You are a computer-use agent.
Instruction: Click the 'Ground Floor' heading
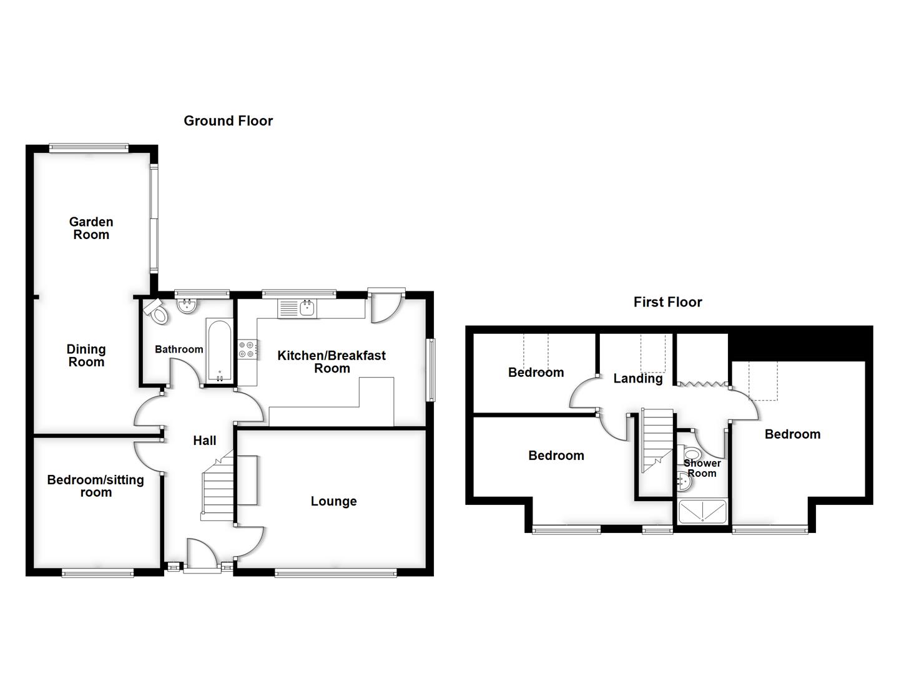click(x=228, y=121)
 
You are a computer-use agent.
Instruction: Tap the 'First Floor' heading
click(x=667, y=302)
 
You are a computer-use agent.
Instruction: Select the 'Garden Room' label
click(x=91, y=228)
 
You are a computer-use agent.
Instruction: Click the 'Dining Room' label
click(x=86, y=356)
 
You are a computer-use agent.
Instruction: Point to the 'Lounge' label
click(x=333, y=501)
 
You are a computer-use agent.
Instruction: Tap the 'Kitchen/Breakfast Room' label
click(x=332, y=362)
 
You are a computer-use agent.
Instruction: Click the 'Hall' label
click(x=204, y=441)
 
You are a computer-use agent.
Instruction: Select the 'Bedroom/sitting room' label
click(x=96, y=486)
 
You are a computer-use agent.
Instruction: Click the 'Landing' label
click(x=637, y=378)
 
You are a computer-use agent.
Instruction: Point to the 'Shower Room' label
click(x=702, y=468)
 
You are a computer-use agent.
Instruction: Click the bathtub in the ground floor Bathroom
click(x=219, y=351)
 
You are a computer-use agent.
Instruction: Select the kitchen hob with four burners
click(x=247, y=349)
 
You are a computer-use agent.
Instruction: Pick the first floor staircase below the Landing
click(x=657, y=440)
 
